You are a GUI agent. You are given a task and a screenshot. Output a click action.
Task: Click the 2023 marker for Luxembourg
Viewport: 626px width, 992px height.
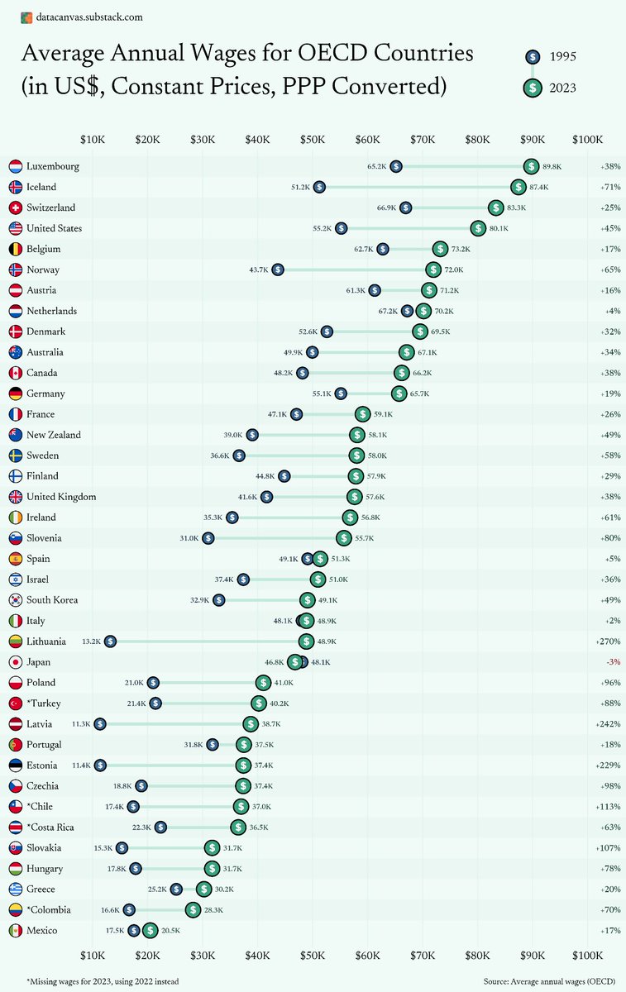click(531, 166)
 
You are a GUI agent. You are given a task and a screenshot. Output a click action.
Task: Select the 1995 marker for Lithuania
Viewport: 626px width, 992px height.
click(110, 641)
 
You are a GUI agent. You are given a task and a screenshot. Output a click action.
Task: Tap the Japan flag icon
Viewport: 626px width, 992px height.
click(15, 662)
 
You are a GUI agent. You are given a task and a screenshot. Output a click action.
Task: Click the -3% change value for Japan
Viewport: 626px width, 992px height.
click(614, 662)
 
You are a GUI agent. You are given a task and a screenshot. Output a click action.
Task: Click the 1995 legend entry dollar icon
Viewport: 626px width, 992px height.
click(533, 57)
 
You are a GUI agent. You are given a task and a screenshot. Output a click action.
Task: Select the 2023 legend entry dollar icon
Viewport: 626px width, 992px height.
click(533, 87)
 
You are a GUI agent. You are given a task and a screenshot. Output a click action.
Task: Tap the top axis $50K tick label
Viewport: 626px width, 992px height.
click(313, 140)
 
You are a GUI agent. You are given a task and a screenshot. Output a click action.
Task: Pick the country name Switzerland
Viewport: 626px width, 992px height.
click(50, 207)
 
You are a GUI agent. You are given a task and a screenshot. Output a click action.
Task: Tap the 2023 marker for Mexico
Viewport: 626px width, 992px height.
click(150, 931)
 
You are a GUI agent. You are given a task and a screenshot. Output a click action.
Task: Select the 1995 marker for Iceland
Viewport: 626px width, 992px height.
click(319, 187)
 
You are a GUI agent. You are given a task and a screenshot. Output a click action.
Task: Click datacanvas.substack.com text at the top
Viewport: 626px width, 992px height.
click(87, 17)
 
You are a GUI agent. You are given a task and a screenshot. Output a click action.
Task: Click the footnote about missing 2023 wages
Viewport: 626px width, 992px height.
click(103, 980)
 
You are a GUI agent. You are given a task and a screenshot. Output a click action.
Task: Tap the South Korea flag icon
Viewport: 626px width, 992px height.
click(15, 600)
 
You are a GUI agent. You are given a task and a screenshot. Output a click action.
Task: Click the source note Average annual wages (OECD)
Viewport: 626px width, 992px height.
click(550, 980)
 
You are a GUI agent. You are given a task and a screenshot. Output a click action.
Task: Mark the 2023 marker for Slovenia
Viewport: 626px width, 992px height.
click(343, 538)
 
